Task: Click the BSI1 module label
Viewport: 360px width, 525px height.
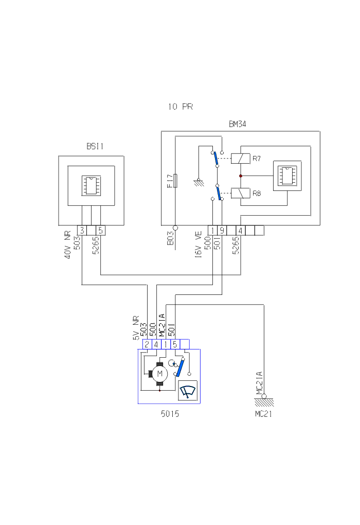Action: click(x=95, y=146)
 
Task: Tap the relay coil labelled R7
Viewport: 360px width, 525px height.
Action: click(x=240, y=159)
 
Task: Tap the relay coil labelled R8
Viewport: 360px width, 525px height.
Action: click(x=240, y=194)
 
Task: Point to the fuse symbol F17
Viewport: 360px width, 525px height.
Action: click(x=176, y=181)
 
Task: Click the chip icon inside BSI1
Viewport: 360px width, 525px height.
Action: click(x=91, y=185)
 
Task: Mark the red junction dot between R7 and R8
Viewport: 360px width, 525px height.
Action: click(x=240, y=176)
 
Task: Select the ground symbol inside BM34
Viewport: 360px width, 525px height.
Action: click(x=198, y=181)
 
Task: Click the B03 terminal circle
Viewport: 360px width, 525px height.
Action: click(x=175, y=227)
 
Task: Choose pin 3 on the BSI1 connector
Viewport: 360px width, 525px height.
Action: click(x=82, y=230)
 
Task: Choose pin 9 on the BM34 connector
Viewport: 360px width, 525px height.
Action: click(x=222, y=230)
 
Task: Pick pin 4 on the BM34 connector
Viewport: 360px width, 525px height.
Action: click(x=240, y=230)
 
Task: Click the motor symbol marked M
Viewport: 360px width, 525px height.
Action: click(x=159, y=373)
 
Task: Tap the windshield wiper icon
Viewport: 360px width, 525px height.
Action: click(x=187, y=392)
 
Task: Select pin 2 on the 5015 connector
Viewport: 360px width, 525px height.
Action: click(x=147, y=344)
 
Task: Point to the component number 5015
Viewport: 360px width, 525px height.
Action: click(x=169, y=413)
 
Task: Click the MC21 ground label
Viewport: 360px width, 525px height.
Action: click(x=263, y=413)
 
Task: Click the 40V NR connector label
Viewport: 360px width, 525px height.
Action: click(x=67, y=244)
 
